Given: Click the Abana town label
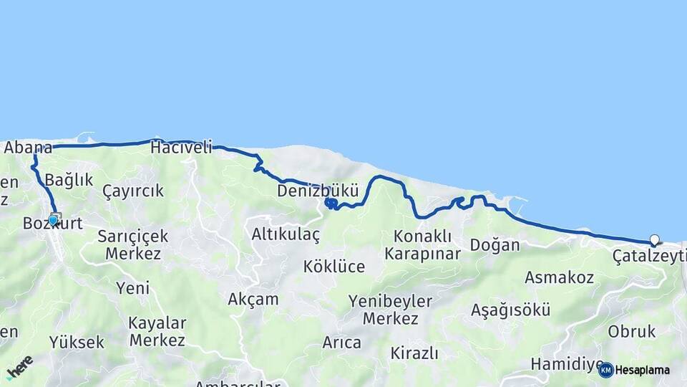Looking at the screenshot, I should click(28, 148).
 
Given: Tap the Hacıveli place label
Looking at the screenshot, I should click(182, 148).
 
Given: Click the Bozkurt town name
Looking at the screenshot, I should click(53, 224).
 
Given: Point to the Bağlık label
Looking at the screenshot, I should click(69, 180).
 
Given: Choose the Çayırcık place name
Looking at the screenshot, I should click(133, 191).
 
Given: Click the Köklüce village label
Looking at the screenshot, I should click(333, 267).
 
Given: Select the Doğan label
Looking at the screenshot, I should click(494, 245).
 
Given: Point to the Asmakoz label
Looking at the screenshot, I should click(559, 277).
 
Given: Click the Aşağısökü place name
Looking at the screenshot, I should click(510, 310).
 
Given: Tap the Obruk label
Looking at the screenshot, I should click(632, 332).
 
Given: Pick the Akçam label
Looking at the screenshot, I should click(253, 300).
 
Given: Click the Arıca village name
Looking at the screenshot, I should click(341, 343).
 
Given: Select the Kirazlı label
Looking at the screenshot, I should click(414, 353).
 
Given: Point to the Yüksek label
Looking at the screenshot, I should click(77, 343).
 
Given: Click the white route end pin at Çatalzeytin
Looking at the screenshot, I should click(654, 240).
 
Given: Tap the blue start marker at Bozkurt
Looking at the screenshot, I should click(54, 220).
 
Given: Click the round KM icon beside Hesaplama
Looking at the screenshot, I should click(605, 370).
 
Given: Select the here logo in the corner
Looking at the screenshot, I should click(19, 367).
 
